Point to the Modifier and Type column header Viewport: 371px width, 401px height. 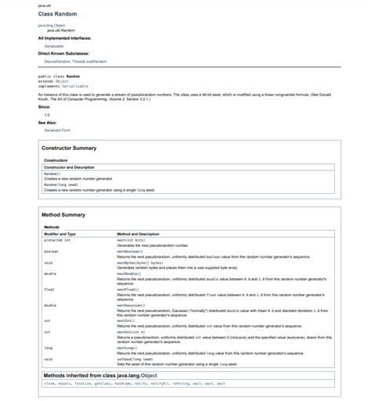click(59, 234)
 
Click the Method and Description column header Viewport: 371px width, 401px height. click(138, 234)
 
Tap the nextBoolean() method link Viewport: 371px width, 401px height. click(130, 252)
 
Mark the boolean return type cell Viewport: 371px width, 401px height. click(51, 252)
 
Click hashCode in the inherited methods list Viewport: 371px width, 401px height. click(124, 384)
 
